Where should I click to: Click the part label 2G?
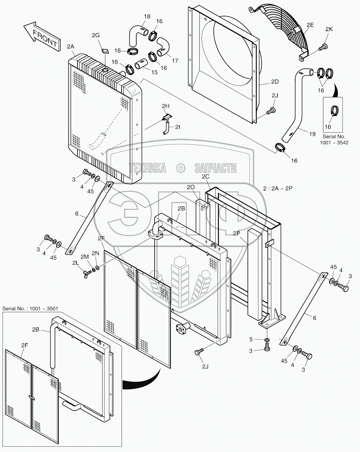coord(96,35)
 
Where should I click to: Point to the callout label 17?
coord(175,60)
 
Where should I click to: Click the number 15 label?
coord(154,72)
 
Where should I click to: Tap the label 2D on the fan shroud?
coord(274,82)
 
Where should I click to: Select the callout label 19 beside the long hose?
coord(312,134)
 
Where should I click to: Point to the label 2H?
coord(166,106)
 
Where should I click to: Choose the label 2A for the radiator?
coord(71,46)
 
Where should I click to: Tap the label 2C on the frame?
coord(205,176)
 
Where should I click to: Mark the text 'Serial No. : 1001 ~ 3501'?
coord(31,309)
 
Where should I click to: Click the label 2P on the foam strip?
coord(236,234)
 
